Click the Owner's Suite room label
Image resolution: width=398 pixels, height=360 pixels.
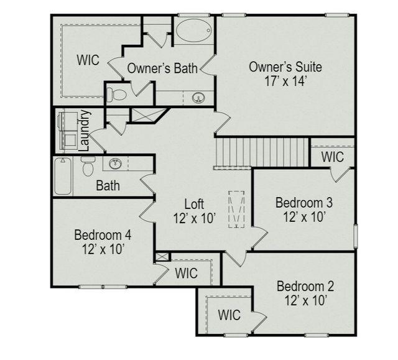tap(285, 67)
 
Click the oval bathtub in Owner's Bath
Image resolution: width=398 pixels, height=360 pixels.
tap(193, 30)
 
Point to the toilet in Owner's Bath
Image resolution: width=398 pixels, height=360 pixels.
tap(116, 95)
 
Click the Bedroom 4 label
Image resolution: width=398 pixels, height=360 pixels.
tap(103, 236)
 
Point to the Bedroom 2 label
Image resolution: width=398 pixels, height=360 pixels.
tap(305, 287)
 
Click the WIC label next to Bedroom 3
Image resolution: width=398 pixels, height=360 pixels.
tap(333, 157)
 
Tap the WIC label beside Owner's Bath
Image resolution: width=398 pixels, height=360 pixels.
tap(88, 60)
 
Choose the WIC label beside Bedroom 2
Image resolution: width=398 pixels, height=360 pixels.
tap(229, 315)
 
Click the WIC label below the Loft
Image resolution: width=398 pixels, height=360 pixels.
tap(186, 273)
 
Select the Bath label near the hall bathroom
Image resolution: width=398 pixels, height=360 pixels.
tap(108, 185)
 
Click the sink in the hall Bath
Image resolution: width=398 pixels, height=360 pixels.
tap(115, 164)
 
